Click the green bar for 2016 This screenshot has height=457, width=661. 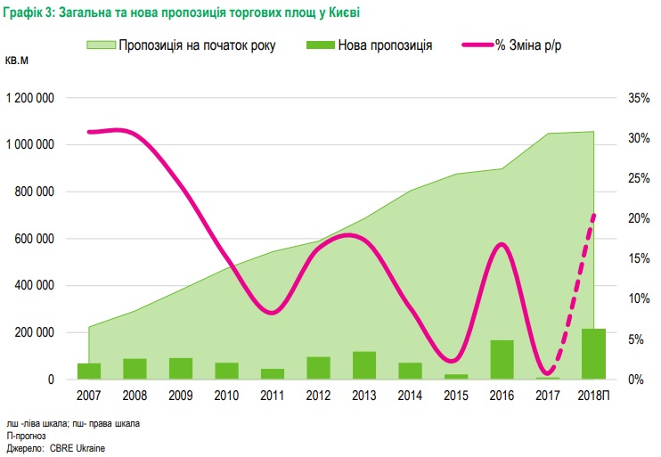[502, 360]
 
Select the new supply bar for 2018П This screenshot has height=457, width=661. [593, 355]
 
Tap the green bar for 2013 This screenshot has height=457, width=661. [363, 365]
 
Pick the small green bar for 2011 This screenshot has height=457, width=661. [272, 374]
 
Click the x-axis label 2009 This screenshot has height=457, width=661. [180, 395]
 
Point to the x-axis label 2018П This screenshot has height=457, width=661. [593, 395]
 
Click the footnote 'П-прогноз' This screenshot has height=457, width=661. [26, 435]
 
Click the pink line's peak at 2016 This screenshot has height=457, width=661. [502, 244]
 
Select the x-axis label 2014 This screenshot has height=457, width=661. [410, 395]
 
